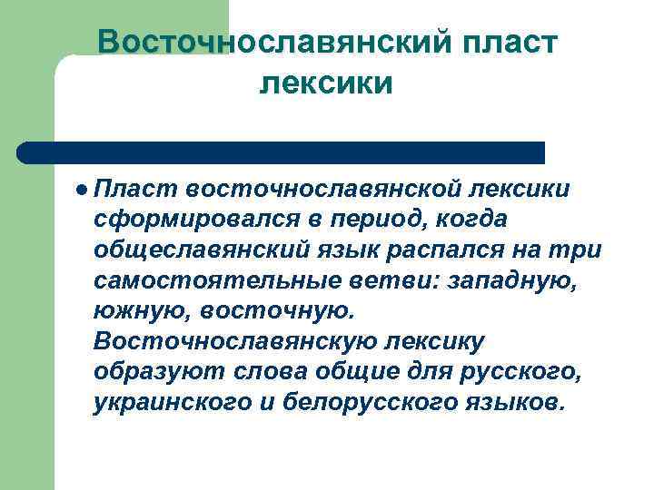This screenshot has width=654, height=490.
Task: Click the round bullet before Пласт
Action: (x=83, y=189)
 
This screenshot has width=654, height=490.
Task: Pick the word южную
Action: (x=134, y=312)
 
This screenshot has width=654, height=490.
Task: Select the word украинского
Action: (x=172, y=404)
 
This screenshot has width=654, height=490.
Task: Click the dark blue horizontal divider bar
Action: (x=282, y=152)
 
